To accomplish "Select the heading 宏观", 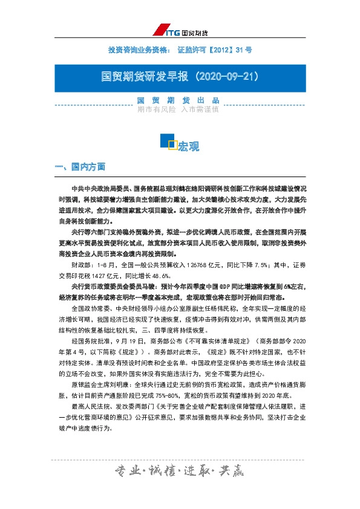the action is click(x=188, y=146).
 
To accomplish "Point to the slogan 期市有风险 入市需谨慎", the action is click(x=178, y=110).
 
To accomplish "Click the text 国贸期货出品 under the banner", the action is click(x=178, y=100).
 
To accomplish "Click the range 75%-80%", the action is click(x=181, y=397).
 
